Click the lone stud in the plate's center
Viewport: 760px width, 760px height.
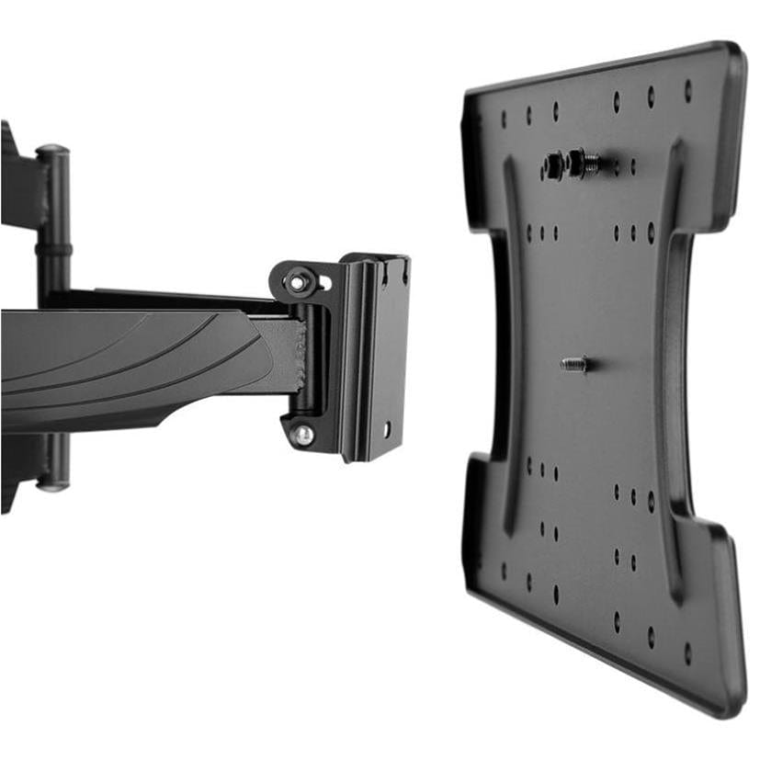click(574, 364)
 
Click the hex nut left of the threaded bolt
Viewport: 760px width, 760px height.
click(553, 166)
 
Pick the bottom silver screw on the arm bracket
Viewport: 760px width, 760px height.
click(302, 434)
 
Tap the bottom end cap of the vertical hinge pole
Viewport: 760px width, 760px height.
click(53, 482)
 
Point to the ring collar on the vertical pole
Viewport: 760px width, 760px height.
click(53, 249)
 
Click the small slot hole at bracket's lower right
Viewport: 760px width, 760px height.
click(387, 428)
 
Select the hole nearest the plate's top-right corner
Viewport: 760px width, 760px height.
click(687, 90)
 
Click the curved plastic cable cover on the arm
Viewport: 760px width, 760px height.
click(129, 363)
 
